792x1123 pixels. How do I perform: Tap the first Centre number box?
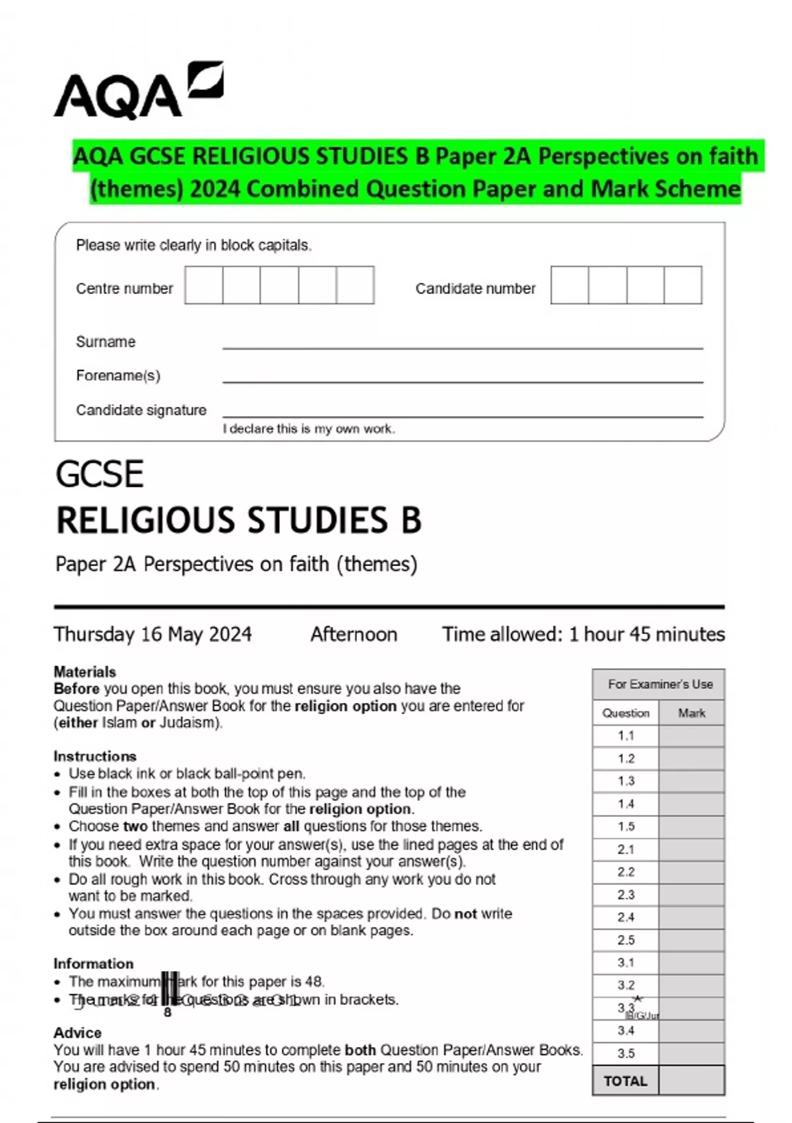(204, 285)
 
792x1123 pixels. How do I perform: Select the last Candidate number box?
(682, 285)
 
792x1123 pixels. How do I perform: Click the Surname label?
(106, 342)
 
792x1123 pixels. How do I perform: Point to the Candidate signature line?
(462, 416)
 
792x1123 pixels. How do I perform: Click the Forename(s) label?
(118, 376)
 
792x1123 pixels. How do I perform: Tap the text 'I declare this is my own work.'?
(309, 429)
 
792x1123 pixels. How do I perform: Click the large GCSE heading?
(100, 474)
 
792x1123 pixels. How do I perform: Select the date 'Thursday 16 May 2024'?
(152, 634)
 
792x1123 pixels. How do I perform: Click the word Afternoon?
(354, 634)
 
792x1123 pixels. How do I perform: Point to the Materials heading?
(84, 672)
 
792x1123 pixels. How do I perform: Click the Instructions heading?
(95, 756)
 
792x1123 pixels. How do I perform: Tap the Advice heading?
(77, 1032)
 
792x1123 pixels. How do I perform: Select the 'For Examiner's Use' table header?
(660, 684)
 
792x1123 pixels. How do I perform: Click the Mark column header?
(692, 713)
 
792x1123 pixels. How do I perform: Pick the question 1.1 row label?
(626, 736)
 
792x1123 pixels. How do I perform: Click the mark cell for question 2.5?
(692, 940)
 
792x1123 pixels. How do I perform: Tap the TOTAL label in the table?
(626, 1081)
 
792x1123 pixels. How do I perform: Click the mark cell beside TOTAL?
(692, 1081)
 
